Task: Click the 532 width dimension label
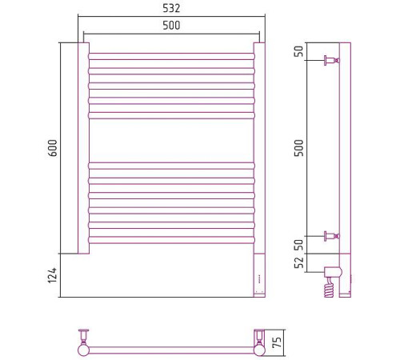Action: (x=171, y=8)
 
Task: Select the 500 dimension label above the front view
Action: (x=171, y=26)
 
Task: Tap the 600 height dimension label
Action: (x=53, y=148)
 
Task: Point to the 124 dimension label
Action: (x=52, y=275)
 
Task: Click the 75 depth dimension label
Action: (x=278, y=342)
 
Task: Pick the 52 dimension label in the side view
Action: (x=299, y=262)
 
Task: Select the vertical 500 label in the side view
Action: (x=299, y=148)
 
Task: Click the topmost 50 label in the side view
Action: (x=299, y=51)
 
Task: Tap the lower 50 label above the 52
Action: (x=299, y=245)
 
